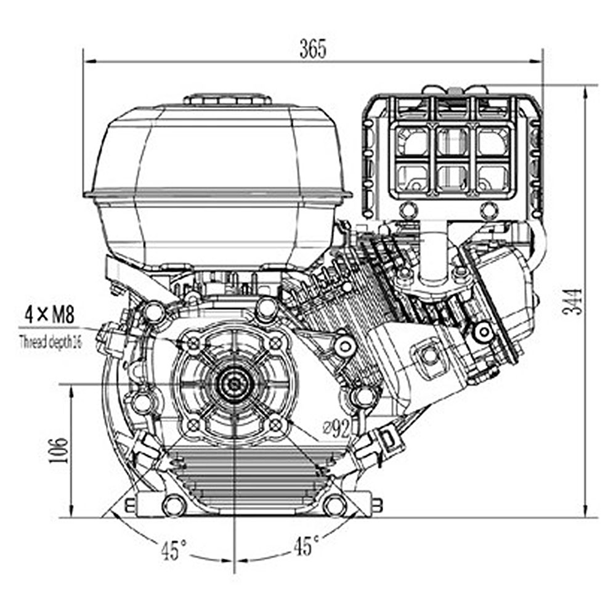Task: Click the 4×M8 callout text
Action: pos(49,316)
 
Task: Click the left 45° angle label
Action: pos(174,549)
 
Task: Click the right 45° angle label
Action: pos(306,546)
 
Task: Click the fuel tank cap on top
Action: pos(228,99)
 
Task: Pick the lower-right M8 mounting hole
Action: pos(275,424)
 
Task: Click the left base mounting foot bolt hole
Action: pos(173,505)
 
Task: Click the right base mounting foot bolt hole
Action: pos(334,505)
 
